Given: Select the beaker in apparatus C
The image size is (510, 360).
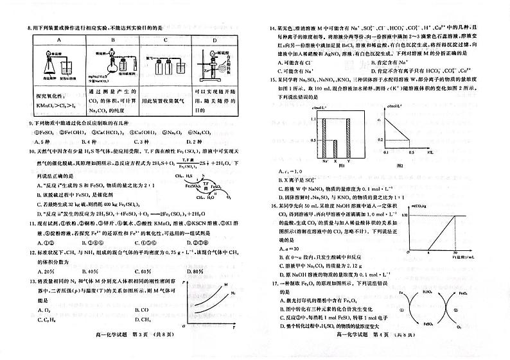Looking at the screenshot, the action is [175, 67].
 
